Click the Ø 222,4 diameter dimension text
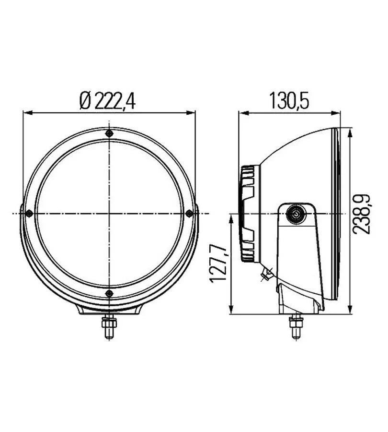pyautogui.click(x=108, y=101)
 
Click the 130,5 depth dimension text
pyautogui.click(x=290, y=101)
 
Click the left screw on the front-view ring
pyautogui.click(x=29, y=213)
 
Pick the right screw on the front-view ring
pyautogui.click(x=189, y=213)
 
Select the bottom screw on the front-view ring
pyautogui.click(x=109, y=293)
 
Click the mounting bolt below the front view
pyautogui.click(x=110, y=328)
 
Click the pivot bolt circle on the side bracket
pyautogui.click(x=295, y=214)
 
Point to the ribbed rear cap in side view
pyautogui.click(x=249, y=214)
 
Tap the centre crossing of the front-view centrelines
pyautogui.click(x=110, y=213)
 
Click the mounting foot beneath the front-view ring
pyautogui.click(x=110, y=311)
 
